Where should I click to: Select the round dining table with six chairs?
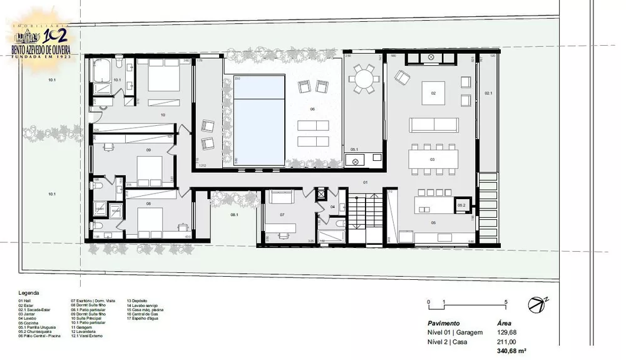(364, 79)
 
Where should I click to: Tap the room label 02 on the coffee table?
(433, 93)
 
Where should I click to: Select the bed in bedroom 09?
(150, 167)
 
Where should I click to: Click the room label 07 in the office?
(282, 215)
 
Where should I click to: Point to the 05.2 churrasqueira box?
(461, 205)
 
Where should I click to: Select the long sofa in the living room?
(434, 124)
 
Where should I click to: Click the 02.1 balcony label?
(488, 93)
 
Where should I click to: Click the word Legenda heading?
(29, 292)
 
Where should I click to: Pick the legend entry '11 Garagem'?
(81, 327)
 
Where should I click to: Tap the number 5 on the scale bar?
(505, 302)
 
